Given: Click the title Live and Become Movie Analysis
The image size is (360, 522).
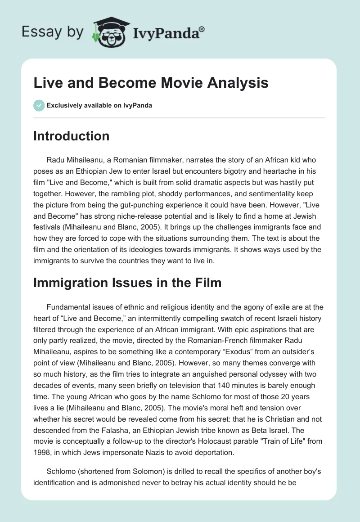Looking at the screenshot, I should [151, 83].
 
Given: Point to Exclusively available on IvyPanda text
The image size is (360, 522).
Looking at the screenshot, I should [99, 105].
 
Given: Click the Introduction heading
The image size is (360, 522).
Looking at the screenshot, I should [71, 136].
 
